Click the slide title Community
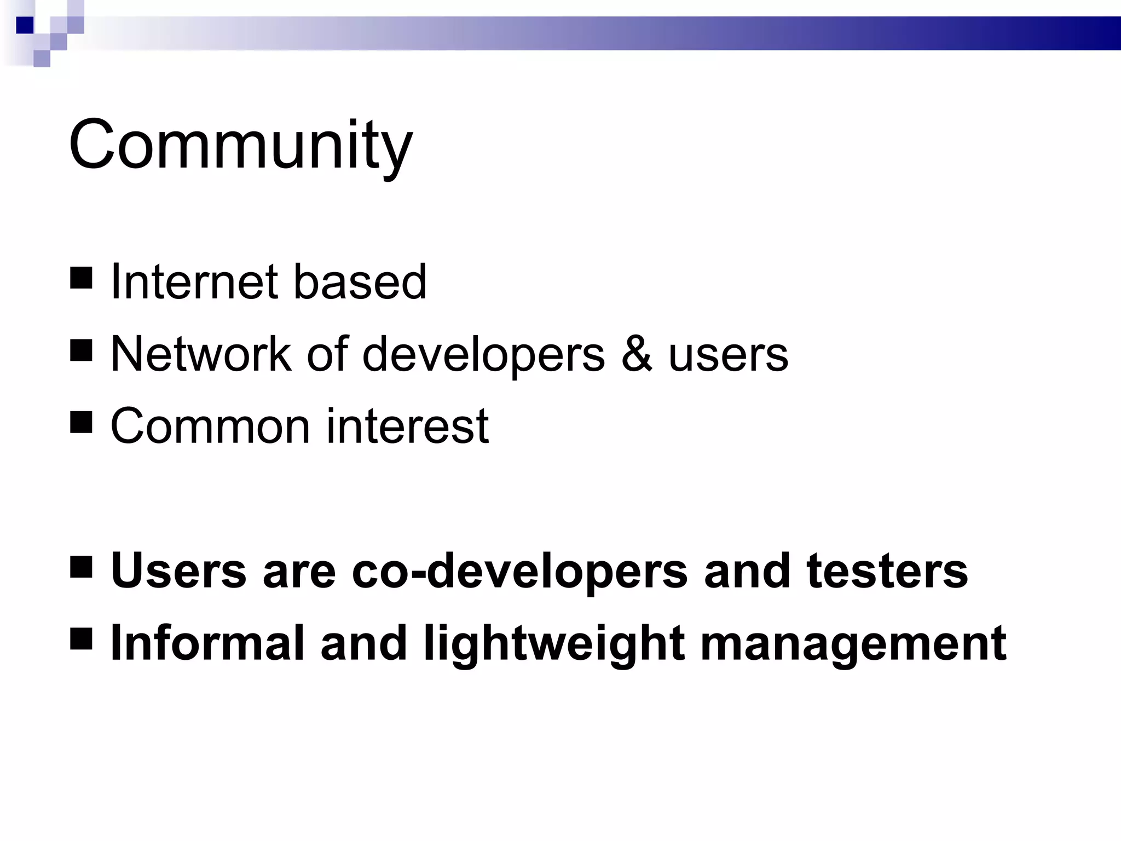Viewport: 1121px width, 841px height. tap(241, 145)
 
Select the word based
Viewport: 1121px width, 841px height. tap(360, 282)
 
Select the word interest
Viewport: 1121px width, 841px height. tap(407, 427)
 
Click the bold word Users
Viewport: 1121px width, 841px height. tap(178, 571)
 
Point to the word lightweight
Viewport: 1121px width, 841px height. tap(553, 645)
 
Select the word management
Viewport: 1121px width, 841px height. tap(853, 645)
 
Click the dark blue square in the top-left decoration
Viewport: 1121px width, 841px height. tap(25, 25)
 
